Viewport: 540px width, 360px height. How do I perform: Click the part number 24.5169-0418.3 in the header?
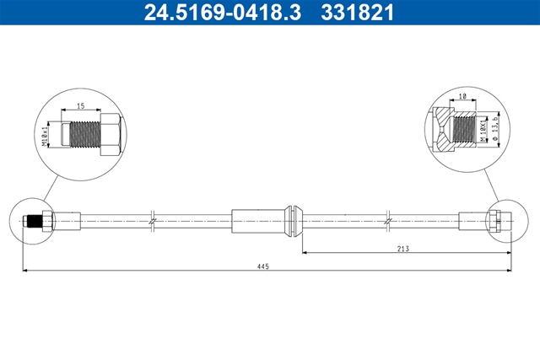point(223,13)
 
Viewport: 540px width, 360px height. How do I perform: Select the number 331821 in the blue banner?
point(357,13)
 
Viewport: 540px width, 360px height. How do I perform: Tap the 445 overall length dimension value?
point(262,266)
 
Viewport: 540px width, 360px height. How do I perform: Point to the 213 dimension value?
point(403,249)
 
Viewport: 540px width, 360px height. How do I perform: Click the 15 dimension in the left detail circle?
point(81,106)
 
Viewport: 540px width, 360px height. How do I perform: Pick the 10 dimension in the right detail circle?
point(462,96)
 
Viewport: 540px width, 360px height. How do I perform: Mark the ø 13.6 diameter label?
point(495,129)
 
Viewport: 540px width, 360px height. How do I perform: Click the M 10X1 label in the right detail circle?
point(483,131)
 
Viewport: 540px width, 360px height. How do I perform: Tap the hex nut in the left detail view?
point(111,135)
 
